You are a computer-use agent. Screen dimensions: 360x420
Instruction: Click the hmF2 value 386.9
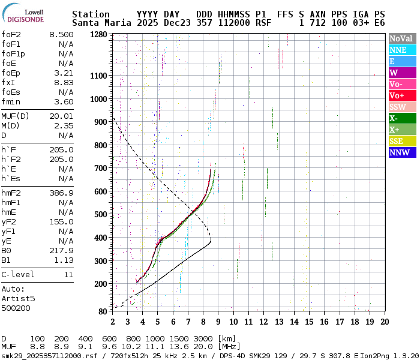click(x=61, y=193)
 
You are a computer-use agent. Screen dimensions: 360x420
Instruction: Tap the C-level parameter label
click(x=18, y=275)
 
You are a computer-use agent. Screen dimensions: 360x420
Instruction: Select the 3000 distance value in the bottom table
click(x=204, y=338)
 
